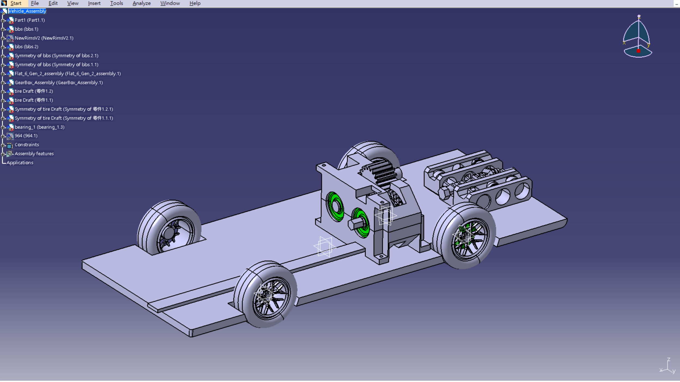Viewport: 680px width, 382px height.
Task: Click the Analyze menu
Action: pos(141,3)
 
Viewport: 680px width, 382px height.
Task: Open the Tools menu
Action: pos(116,3)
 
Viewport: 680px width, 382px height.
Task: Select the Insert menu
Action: pos(94,3)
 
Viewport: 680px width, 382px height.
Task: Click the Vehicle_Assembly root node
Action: pos(27,11)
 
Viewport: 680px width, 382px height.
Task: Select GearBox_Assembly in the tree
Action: pos(58,82)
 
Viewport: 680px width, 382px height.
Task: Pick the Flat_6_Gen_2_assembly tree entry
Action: pos(67,74)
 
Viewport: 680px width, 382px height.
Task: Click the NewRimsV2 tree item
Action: pos(44,38)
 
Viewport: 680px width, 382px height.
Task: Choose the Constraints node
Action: pos(26,145)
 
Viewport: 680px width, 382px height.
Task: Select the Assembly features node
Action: pos(34,154)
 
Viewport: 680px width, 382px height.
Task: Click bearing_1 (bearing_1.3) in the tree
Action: pos(39,127)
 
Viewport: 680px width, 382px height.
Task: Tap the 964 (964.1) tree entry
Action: pos(26,136)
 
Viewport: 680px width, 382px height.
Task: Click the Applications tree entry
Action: pos(20,163)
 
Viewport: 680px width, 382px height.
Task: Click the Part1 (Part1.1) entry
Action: pos(29,20)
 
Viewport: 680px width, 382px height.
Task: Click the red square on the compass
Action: pos(638,51)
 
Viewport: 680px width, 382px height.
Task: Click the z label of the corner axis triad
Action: pos(668,359)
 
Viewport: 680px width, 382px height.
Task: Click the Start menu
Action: pos(16,3)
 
